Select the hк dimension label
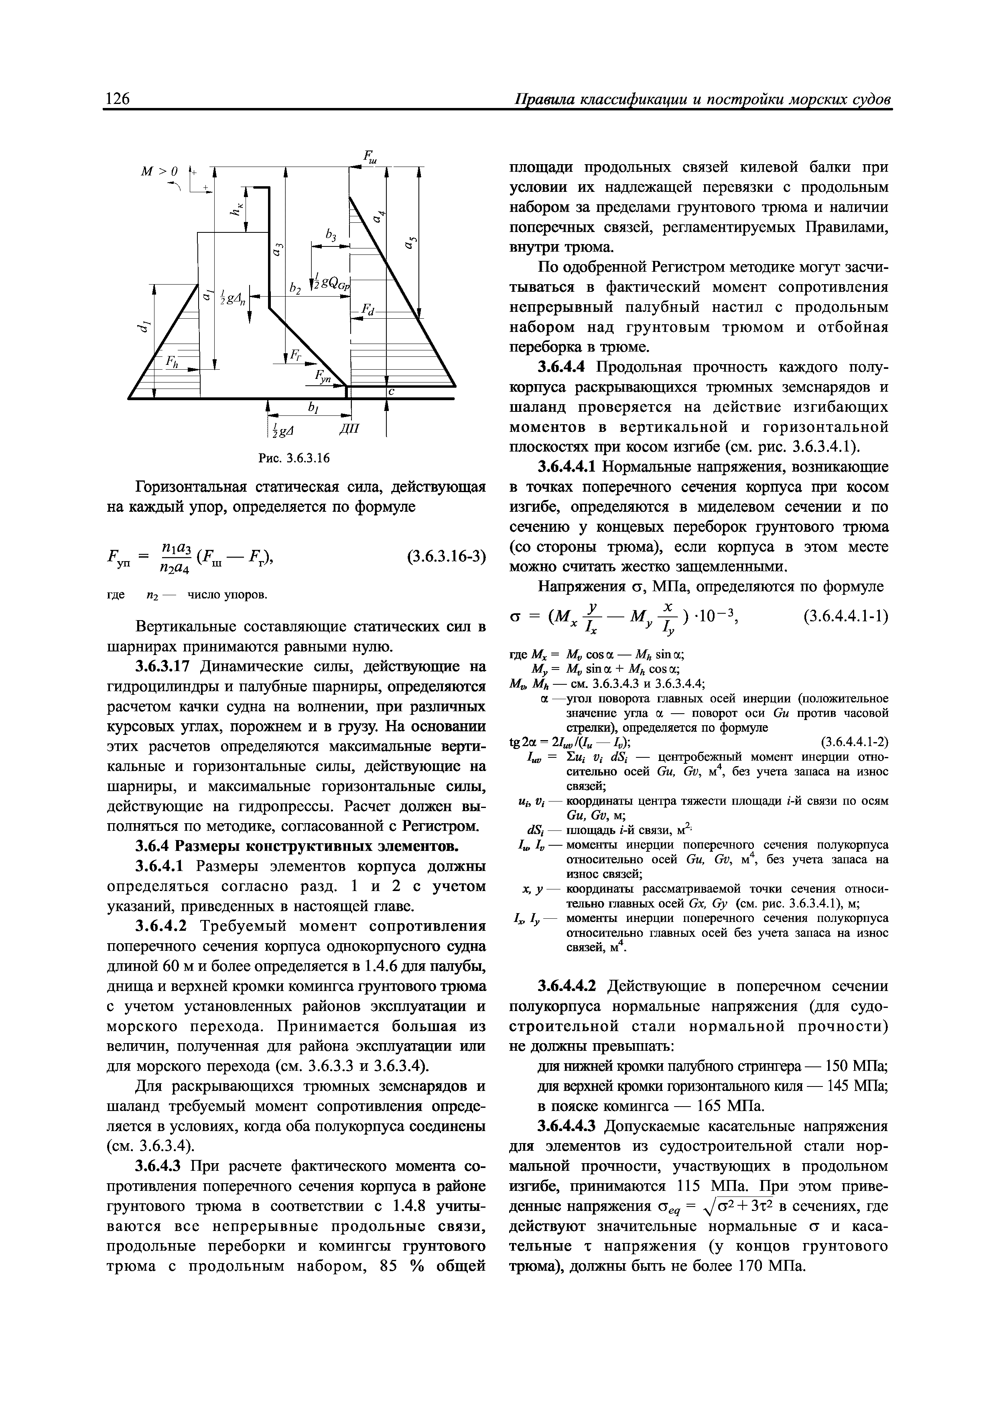click(234, 210)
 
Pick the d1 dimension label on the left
click(144, 329)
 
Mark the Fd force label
click(367, 311)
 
